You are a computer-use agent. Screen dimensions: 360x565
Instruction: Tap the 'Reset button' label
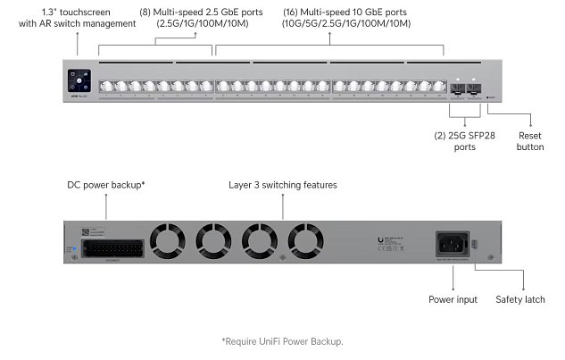tap(529, 140)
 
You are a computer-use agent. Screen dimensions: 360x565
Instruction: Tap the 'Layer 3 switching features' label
tap(283, 185)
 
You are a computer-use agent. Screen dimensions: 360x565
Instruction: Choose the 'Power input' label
tap(453, 299)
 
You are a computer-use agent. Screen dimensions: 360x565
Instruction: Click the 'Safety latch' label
tap(519, 299)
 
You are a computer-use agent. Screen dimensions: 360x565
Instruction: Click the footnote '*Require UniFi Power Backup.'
tap(282, 341)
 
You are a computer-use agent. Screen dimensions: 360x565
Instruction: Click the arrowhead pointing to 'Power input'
tap(453, 289)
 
